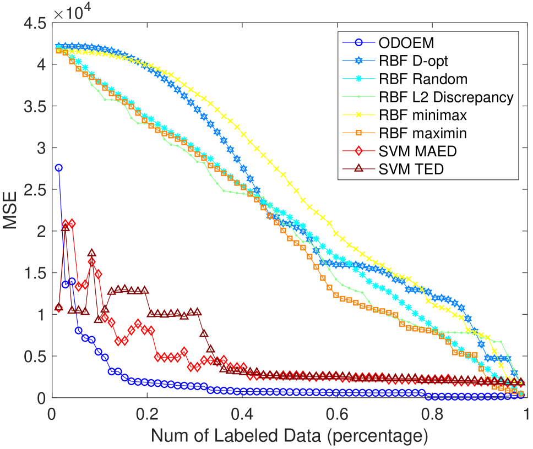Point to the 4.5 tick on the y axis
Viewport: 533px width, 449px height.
click(34, 24)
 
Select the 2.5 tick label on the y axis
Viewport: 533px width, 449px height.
click(34, 190)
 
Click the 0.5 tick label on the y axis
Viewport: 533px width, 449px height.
click(34, 356)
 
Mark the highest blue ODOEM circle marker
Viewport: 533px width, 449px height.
click(59, 168)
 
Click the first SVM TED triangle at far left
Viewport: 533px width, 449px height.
click(59, 306)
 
